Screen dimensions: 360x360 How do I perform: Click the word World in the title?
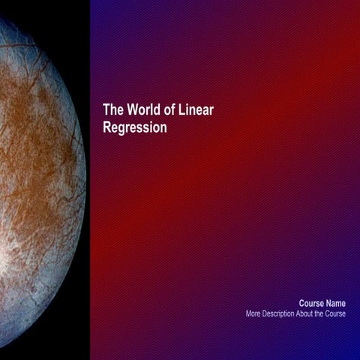tap(143, 110)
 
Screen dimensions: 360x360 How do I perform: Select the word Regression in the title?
tap(135, 128)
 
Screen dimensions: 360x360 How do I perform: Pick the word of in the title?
tap(169, 110)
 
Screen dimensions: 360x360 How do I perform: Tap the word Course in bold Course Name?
tap(312, 303)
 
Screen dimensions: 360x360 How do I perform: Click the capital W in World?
tap(131, 110)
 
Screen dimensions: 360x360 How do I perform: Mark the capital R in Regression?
tap(107, 128)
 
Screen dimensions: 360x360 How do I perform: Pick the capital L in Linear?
tap(181, 110)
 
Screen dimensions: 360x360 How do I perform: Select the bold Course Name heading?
tap(322, 303)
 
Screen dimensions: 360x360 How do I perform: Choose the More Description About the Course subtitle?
tap(295, 313)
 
